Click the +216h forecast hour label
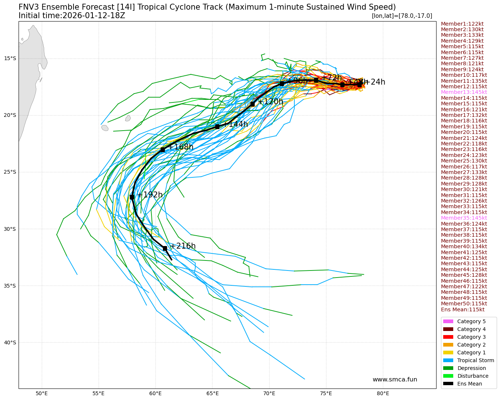(183, 246)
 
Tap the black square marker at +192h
(132, 197)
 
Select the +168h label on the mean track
(180, 147)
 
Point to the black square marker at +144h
(217, 127)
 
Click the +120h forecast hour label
(270, 102)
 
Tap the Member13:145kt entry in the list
(464, 92)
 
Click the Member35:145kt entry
(464, 218)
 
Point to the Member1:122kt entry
(462, 24)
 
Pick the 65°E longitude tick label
(212, 393)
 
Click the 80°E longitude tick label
(383, 393)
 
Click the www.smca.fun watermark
(395, 379)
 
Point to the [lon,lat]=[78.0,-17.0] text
(402, 16)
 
